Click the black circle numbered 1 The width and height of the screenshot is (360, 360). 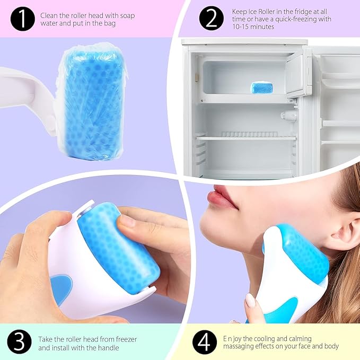[x=22, y=19]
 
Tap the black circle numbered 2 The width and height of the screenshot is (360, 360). [x=212, y=19]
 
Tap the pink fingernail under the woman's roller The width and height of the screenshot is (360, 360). [x=250, y=301]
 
